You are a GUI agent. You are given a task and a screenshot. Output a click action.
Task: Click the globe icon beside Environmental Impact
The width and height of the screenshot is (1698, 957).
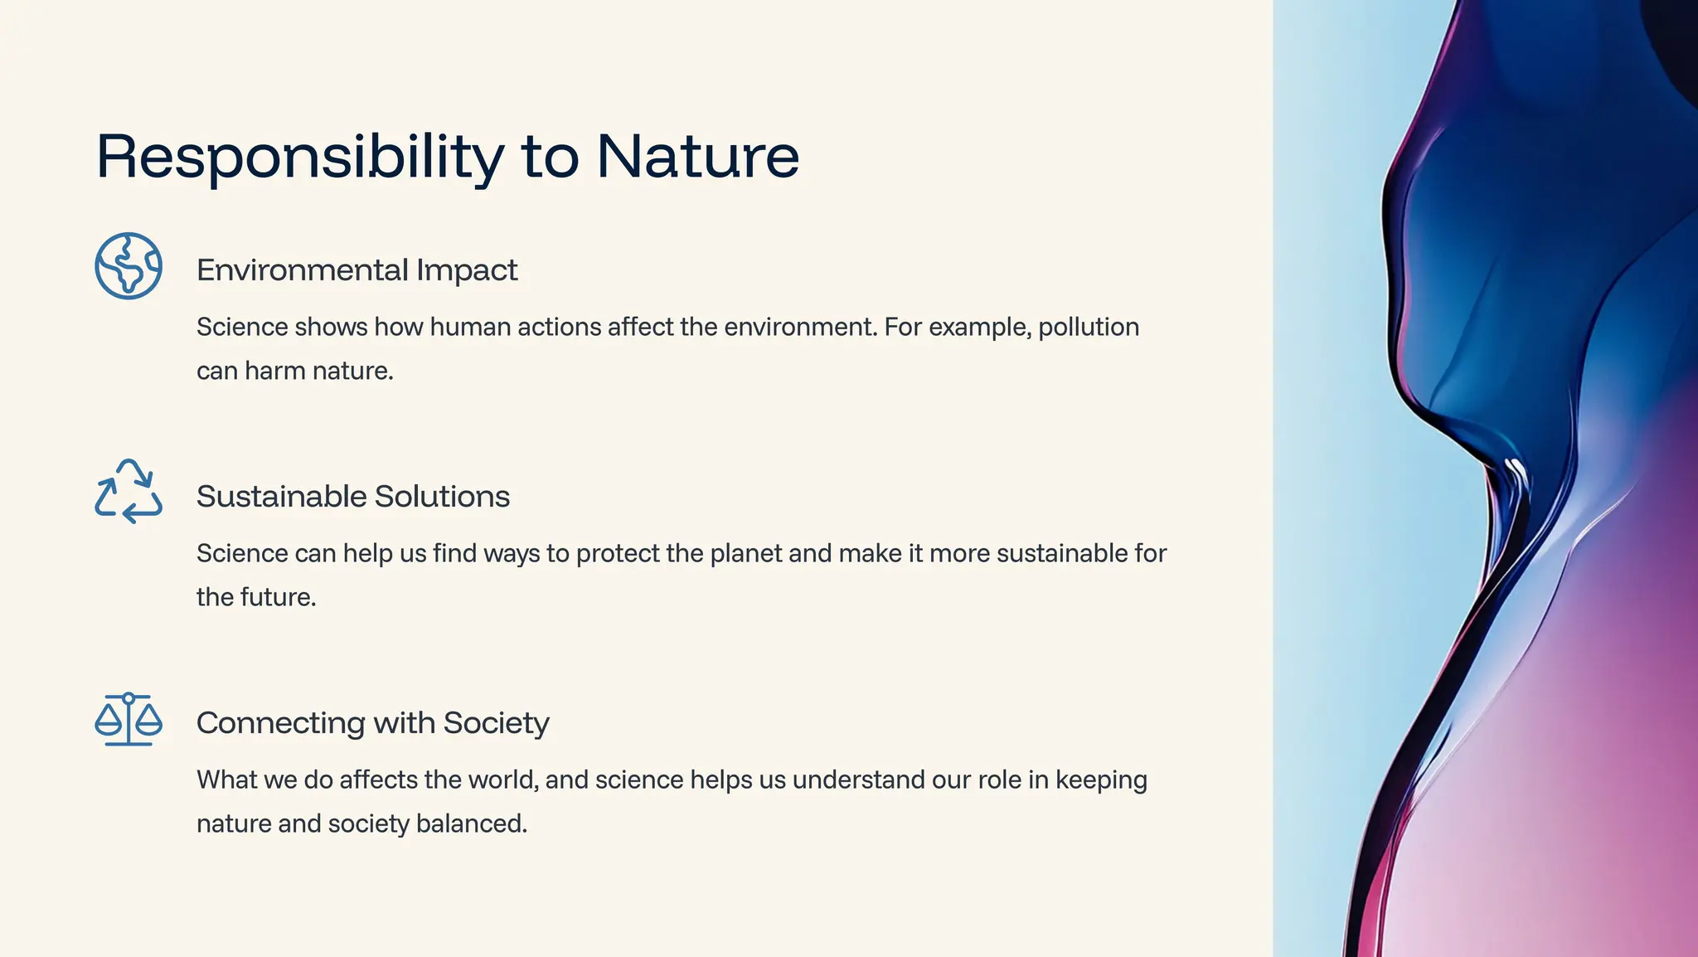click(x=129, y=266)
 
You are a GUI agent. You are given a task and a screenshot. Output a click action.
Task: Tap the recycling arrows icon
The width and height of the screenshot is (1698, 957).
click(x=129, y=492)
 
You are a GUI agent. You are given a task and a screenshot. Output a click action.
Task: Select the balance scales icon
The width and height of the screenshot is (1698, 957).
click(x=129, y=720)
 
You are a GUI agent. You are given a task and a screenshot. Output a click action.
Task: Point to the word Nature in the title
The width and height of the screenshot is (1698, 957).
click(x=697, y=157)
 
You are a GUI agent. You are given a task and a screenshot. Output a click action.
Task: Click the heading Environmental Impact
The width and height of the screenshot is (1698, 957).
click(x=357, y=270)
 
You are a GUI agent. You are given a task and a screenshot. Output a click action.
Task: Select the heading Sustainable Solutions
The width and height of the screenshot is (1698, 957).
click(x=353, y=497)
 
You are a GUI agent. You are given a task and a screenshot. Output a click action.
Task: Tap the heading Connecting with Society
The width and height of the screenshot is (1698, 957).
click(x=372, y=723)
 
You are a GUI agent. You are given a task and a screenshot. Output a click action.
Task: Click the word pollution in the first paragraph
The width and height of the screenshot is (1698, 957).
click(x=1089, y=328)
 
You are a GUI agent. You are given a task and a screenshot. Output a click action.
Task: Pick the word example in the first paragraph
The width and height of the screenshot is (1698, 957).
click(x=980, y=328)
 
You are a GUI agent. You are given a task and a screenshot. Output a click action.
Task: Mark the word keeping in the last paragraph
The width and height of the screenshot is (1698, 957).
click(x=1101, y=780)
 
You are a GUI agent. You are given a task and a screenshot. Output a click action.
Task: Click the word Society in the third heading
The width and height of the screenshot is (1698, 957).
click(x=496, y=723)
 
